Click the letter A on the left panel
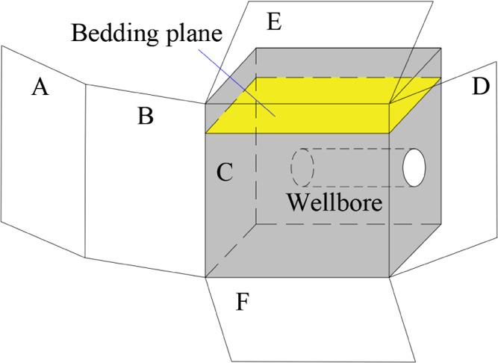[40, 88]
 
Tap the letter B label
[146, 116]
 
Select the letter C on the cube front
[225, 173]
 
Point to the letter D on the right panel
[481, 87]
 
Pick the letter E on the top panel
[274, 22]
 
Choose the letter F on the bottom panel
[242, 302]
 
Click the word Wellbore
[334, 202]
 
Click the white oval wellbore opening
[414, 168]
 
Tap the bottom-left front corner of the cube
[205, 278]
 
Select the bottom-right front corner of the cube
[389, 278]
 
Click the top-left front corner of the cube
[205, 103]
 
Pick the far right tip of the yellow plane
[441, 77]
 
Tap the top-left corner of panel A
[2, 46]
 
